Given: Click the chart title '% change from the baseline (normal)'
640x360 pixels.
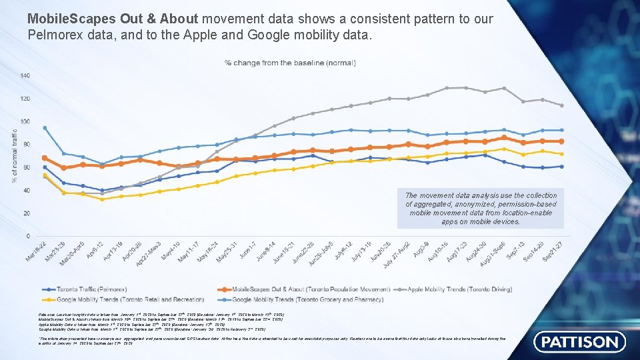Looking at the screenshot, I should (x=290, y=63).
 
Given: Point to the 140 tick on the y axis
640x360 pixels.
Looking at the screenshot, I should (x=25, y=76).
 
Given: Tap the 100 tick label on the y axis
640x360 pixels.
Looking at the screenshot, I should (x=25, y=121).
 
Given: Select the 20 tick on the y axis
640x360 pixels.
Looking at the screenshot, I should (x=26, y=213).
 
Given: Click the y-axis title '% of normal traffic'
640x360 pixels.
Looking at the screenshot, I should (x=15, y=156).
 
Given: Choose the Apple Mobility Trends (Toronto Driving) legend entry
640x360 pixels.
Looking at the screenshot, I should (x=455, y=289).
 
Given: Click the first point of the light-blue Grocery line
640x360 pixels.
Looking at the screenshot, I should (x=45, y=128).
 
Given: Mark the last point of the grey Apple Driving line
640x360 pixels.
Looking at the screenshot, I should (x=561, y=105).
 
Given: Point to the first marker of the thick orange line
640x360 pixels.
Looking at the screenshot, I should (x=45, y=157).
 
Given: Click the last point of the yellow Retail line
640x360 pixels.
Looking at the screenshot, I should (x=561, y=153).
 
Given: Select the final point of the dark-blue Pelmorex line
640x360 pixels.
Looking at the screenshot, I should (x=561, y=166).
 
